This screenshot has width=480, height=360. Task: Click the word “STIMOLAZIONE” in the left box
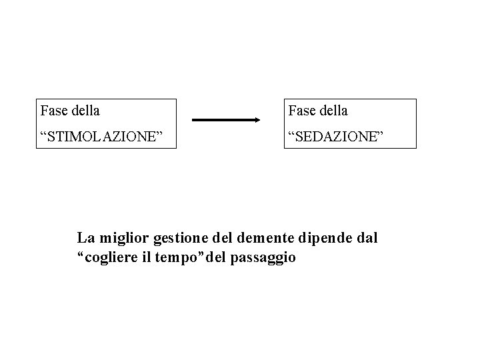[x=102, y=137]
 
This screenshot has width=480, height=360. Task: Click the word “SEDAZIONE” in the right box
[x=337, y=137]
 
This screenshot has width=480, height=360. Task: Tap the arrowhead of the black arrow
[x=257, y=121]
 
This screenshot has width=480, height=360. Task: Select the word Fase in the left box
[x=53, y=110]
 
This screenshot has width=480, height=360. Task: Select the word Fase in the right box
[x=300, y=110]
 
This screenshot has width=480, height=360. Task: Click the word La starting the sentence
[x=85, y=237]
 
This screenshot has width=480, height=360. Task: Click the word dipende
[x=325, y=238]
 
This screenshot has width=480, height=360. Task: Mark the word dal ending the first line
[x=366, y=237]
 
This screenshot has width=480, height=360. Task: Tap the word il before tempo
[x=146, y=257]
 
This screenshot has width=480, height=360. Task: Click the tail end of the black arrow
[x=195, y=121]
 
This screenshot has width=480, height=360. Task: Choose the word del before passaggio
[x=214, y=257]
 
